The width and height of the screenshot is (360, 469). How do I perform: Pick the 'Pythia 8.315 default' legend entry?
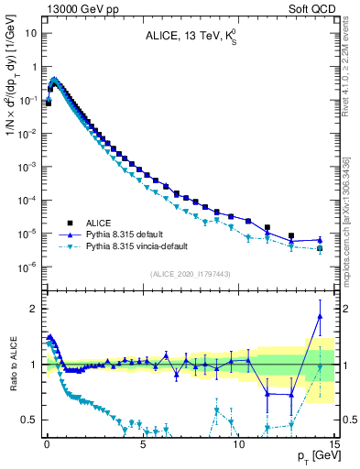111,234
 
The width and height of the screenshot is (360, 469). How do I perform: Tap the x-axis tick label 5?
143,442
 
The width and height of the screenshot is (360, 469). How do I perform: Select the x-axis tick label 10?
239,442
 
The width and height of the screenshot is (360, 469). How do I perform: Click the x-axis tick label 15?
334,442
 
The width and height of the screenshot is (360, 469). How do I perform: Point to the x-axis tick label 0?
47,442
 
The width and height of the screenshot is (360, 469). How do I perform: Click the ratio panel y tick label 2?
33,309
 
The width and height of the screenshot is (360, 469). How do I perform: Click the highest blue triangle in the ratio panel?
320,316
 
